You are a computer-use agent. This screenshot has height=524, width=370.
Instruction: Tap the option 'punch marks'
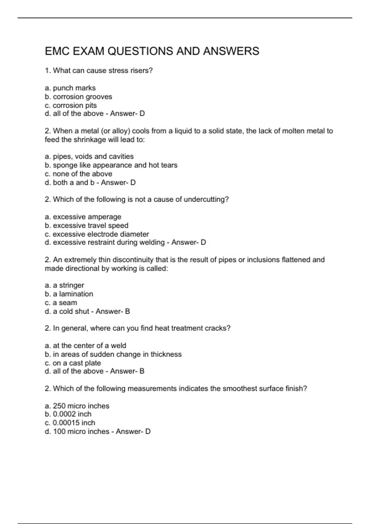[74, 88]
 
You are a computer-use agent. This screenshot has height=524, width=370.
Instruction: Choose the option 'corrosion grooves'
[82, 97]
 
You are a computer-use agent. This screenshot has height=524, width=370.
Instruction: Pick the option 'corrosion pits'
[75, 105]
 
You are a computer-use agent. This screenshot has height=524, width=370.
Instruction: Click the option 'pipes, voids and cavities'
[93, 157]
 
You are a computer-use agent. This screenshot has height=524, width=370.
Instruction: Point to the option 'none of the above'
[82, 174]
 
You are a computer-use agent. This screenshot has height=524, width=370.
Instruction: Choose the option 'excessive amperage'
[87, 217]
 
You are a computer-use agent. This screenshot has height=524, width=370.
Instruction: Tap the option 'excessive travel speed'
[91, 226]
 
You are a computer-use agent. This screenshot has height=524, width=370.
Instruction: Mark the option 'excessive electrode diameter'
[101, 234]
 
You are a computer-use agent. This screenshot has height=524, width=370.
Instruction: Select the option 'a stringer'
[68, 285]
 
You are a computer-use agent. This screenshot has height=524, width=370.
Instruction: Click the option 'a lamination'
[73, 294]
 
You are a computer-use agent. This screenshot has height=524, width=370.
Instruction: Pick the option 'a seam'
[65, 303]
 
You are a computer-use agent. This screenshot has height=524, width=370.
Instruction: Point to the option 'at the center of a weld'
[89, 346]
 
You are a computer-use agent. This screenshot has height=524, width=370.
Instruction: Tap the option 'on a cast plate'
[77, 363]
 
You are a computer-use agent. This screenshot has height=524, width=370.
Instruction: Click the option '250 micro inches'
[81, 406]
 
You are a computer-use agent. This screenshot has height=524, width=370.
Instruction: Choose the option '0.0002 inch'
[72, 414]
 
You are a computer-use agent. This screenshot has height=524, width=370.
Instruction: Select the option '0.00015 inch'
[74, 423]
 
